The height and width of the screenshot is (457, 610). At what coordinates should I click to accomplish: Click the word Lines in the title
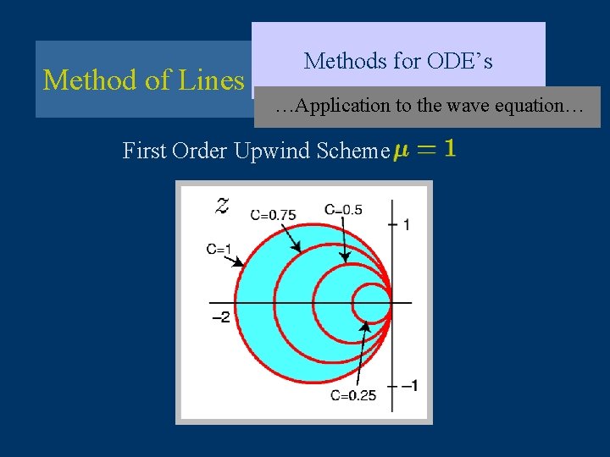[212, 80]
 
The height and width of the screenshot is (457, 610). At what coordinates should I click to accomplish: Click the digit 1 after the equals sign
[449, 148]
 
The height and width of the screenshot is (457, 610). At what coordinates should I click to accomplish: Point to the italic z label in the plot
[222, 204]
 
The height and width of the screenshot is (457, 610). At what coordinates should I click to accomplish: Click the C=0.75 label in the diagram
[273, 215]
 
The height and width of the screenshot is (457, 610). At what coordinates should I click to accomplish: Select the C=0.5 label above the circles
[343, 209]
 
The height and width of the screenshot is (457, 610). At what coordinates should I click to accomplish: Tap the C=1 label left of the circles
[219, 249]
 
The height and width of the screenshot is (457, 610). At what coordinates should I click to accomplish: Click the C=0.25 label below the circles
[353, 394]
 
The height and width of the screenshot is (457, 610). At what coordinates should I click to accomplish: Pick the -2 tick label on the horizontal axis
[220, 317]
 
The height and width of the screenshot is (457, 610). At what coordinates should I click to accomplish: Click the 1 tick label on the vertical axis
[407, 224]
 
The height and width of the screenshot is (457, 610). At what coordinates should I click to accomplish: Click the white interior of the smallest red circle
[370, 302]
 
